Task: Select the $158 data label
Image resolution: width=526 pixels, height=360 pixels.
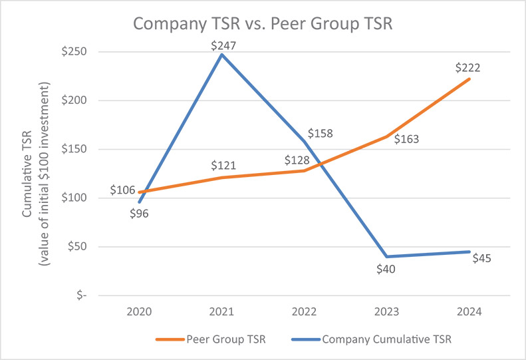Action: point(320,133)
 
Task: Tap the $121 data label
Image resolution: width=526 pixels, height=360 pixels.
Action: point(224,165)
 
